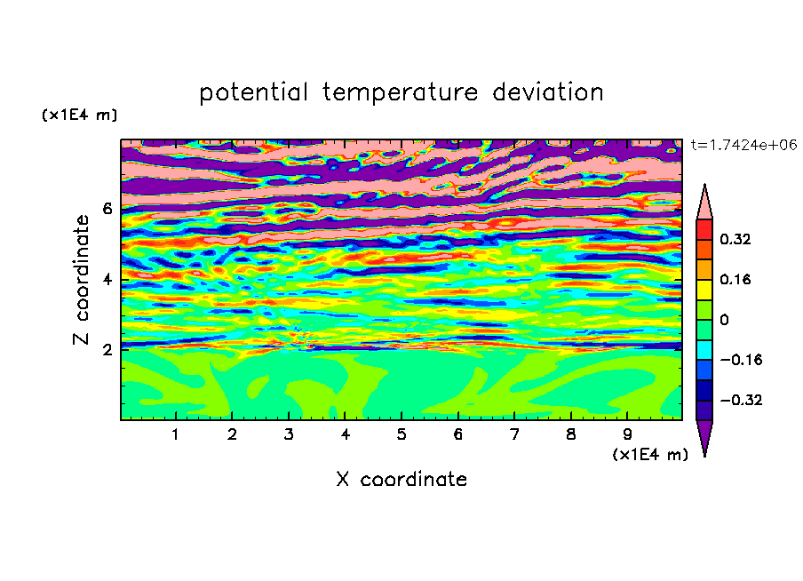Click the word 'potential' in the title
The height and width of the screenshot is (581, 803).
(253, 93)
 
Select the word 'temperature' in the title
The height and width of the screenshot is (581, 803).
(401, 93)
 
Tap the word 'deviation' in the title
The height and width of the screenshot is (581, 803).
(548, 92)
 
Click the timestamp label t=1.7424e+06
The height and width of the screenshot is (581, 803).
(744, 145)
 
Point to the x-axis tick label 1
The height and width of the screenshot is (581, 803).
(175, 434)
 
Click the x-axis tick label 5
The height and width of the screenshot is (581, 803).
(401, 434)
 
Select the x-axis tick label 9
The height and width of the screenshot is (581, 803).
(627, 434)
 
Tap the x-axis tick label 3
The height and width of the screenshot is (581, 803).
(289, 434)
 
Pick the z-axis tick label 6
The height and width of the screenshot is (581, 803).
(107, 209)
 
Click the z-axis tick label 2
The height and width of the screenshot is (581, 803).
(107, 350)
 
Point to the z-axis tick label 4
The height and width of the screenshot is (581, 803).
(107, 280)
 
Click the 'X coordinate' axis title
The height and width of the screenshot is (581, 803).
(401, 479)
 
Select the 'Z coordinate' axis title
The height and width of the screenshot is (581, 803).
(82, 280)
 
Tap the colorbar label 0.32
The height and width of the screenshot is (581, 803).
(735, 239)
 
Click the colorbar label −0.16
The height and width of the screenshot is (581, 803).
(741, 360)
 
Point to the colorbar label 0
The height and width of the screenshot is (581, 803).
(724, 320)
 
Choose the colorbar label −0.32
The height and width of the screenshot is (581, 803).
(741, 400)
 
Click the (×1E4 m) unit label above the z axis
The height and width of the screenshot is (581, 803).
(79, 115)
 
